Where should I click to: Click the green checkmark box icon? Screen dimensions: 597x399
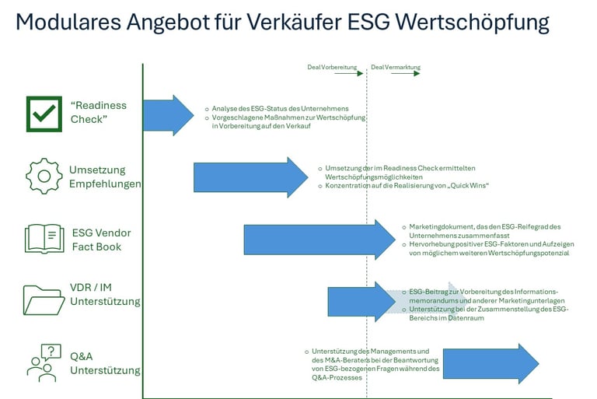(x=44, y=114)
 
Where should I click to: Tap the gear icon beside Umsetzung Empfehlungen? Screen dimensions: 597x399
(x=44, y=177)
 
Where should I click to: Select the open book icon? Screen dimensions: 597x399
(x=44, y=239)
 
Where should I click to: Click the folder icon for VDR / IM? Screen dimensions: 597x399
(x=44, y=299)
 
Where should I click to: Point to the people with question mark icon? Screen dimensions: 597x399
(x=44, y=362)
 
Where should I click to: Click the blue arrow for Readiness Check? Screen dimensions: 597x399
(x=168, y=115)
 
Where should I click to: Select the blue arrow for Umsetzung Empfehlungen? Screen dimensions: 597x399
(x=250, y=177)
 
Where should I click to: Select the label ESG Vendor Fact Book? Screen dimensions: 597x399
(x=101, y=240)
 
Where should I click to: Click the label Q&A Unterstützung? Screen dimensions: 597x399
(x=104, y=363)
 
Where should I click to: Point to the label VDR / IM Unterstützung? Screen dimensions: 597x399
(x=104, y=294)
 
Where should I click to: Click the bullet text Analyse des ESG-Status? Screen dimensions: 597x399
(x=280, y=108)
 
